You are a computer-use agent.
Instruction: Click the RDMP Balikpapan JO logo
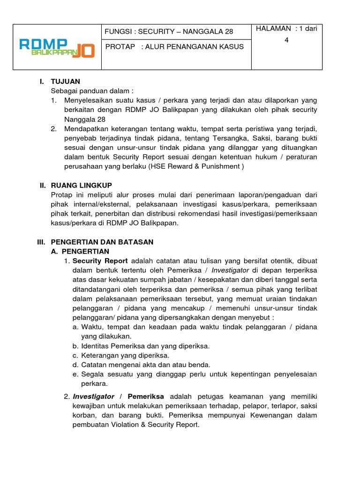point(57,47)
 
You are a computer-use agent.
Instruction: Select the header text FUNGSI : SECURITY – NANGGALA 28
point(169,31)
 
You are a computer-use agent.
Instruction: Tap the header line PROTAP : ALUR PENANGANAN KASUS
point(174,47)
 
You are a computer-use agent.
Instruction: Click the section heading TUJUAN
point(65,82)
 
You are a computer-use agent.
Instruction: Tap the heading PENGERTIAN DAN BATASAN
point(102,242)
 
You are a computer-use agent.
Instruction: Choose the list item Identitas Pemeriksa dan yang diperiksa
point(145,346)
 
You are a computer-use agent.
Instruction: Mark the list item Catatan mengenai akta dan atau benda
point(145,365)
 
